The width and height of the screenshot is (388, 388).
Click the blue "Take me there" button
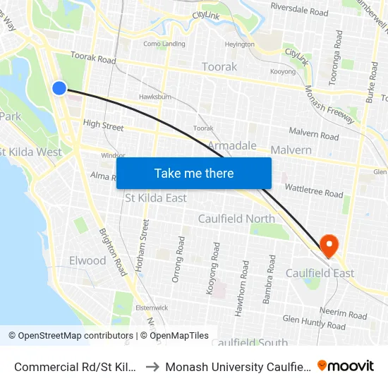click(194, 173)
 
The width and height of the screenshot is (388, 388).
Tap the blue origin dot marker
click(59, 88)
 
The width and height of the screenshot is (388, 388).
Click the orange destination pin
click(329, 245)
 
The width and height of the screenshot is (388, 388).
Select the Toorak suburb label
click(219, 67)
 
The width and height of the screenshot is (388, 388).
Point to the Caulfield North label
click(236, 219)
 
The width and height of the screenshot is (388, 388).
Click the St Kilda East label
click(156, 198)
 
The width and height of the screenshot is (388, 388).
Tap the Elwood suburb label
click(87, 260)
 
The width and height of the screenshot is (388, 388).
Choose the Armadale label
click(232, 145)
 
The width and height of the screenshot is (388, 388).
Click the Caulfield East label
click(320, 273)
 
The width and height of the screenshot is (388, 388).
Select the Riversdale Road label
click(299, 12)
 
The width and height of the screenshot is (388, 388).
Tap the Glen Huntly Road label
click(314, 322)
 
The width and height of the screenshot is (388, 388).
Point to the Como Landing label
click(164, 43)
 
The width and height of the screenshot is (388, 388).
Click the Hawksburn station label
click(156, 97)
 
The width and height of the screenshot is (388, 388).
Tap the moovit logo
click(346, 365)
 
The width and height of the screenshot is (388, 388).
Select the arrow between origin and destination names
click(152, 366)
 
